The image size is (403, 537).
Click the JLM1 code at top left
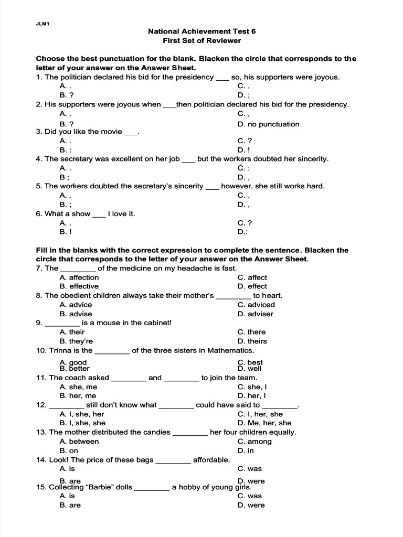coord(42,24)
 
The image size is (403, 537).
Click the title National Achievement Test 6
coord(202,31)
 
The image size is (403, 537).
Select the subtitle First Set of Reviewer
coord(202,40)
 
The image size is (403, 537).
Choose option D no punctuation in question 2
coord(268,124)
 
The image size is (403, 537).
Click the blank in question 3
coord(130,132)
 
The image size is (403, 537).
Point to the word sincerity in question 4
coord(309,158)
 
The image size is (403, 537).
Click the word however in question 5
coord(235,186)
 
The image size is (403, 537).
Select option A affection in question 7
coord(79,277)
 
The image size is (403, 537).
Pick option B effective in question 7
coord(79,286)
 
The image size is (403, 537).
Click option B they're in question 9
coord(76,341)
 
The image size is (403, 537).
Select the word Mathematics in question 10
coord(230,350)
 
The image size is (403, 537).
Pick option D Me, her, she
coord(264,423)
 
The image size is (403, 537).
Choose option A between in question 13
coord(79,442)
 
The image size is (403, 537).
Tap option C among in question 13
coord(254,442)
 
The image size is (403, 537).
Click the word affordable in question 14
coord(211,460)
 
